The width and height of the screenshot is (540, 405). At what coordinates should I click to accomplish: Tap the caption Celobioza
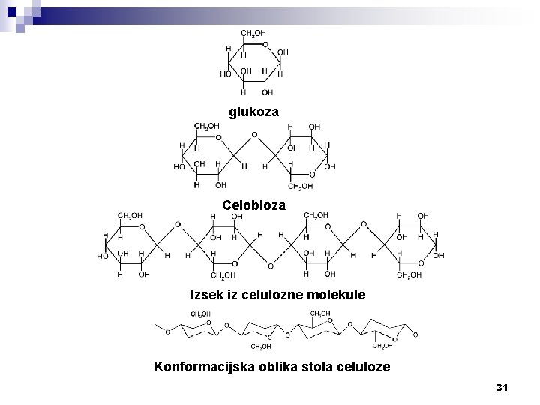click(253, 205)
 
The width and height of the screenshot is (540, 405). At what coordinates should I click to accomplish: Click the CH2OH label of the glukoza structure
click(253, 34)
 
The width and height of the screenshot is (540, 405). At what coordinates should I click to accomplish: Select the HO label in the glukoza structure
click(226, 74)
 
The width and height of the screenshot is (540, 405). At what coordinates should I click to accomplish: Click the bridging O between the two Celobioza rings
click(254, 136)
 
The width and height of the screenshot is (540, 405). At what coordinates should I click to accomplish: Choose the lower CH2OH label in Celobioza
click(301, 185)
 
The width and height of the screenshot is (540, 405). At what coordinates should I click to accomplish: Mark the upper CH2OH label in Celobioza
click(207, 126)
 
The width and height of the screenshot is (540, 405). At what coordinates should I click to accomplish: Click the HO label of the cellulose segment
click(103, 256)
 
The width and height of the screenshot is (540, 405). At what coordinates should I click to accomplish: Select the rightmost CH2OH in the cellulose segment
click(409, 275)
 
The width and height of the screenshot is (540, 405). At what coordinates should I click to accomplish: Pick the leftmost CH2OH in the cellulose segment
click(131, 217)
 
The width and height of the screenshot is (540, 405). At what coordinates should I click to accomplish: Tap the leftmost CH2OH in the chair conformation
click(200, 313)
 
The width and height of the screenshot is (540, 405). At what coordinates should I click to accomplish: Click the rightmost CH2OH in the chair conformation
click(382, 346)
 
